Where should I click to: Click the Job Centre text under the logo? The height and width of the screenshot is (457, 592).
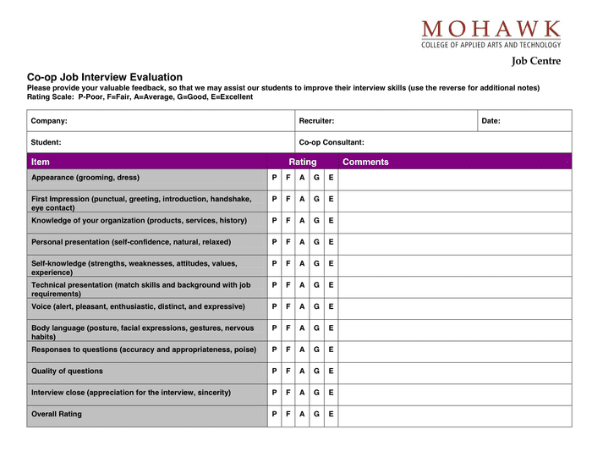(535, 61)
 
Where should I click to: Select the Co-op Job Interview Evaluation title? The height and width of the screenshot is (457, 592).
(105, 77)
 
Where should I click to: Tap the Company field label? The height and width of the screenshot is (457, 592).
(49, 121)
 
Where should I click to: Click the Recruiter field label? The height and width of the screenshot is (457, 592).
(316, 121)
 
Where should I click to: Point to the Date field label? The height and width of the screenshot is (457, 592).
(491, 121)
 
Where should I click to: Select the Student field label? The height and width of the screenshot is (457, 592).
(46, 142)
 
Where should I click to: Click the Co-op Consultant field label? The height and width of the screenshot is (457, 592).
(332, 142)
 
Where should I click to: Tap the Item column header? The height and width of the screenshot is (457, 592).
(41, 162)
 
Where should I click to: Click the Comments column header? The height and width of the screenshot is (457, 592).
(365, 162)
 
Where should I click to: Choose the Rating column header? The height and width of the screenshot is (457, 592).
(303, 162)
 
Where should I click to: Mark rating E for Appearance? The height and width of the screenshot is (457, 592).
(331, 178)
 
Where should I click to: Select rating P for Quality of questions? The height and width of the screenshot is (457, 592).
(274, 371)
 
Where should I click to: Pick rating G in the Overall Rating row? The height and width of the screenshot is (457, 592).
(316, 414)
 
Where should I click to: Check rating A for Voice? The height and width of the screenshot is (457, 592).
(302, 306)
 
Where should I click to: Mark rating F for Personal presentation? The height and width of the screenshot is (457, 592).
(288, 242)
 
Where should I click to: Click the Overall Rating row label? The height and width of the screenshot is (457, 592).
(57, 414)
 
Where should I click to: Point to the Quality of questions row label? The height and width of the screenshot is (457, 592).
(67, 371)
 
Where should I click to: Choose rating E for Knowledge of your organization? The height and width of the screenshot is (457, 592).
(331, 220)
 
